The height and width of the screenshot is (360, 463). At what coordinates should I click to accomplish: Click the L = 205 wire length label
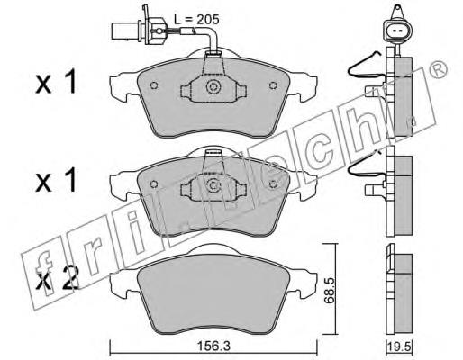196,20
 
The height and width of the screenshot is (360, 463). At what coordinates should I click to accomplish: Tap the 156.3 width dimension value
213,346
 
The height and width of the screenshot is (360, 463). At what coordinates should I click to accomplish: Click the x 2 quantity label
57,277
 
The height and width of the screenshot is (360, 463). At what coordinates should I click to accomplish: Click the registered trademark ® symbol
438,69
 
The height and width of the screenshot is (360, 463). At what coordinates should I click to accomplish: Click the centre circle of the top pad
213,87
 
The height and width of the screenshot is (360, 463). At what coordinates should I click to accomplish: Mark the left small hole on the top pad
154,85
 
